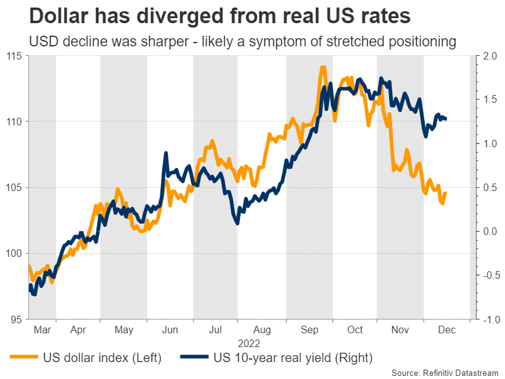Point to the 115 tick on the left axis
tap(14, 56)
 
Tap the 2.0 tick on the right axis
tap(489, 56)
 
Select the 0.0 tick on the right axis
tap(489, 231)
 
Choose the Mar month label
tap(41, 330)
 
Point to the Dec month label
tap(447, 330)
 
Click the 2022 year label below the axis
tap(249, 343)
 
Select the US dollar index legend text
tap(103, 358)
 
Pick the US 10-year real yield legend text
tap(293, 358)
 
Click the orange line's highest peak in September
tap(323, 66)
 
